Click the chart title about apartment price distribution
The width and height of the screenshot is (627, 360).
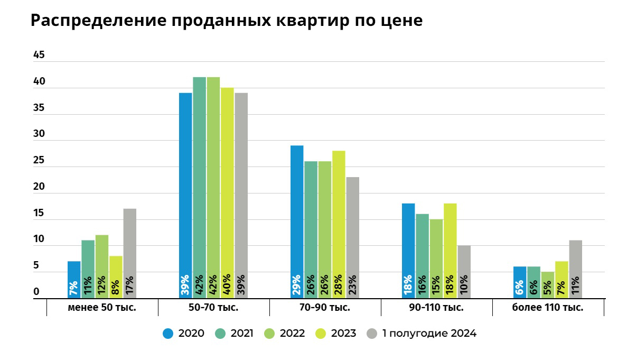[226, 21]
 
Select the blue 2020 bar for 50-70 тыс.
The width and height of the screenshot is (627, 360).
[185, 196]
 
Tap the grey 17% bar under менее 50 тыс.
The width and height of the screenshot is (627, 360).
[129, 253]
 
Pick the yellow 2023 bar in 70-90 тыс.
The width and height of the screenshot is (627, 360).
[339, 224]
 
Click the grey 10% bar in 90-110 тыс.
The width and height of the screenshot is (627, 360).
[464, 272]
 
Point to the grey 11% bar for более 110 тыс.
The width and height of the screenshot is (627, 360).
[575, 269]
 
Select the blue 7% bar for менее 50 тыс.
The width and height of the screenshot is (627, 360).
[74, 280]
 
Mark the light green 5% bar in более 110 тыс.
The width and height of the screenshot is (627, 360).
[548, 285]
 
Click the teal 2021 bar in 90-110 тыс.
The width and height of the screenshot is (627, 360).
[422, 256]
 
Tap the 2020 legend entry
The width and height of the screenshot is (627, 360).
[184, 334]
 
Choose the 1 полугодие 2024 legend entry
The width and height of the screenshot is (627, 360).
[422, 334]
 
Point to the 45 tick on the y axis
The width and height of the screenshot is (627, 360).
[39, 55]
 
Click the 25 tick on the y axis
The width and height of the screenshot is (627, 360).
[39, 161]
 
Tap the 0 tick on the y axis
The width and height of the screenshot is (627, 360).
[36, 292]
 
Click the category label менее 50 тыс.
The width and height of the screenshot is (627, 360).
[102, 308]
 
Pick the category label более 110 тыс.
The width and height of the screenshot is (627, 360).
[548, 308]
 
